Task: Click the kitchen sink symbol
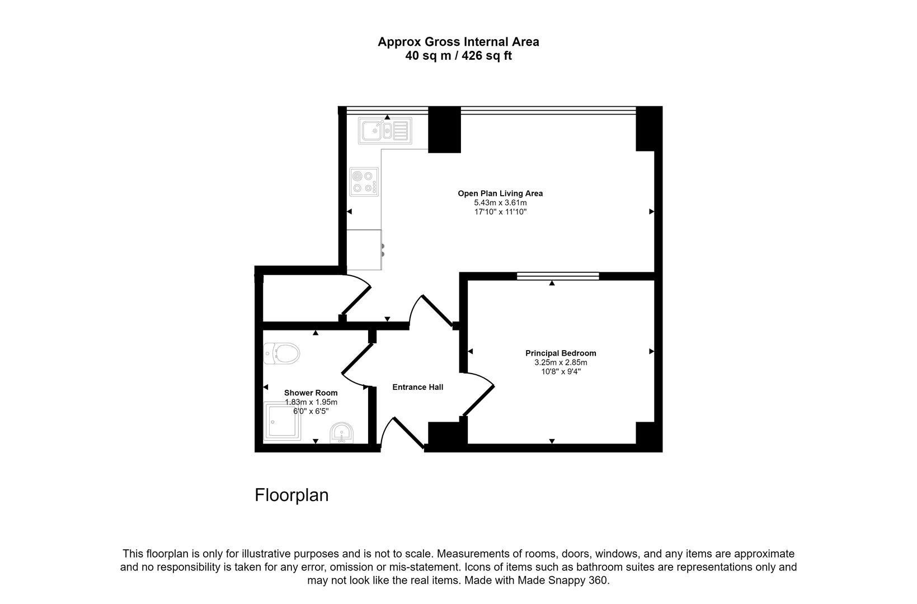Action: click(385, 131)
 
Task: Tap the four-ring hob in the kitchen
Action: click(364, 182)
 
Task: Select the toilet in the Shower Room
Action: click(281, 353)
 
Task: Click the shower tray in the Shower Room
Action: click(282, 422)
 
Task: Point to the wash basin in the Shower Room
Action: click(342, 433)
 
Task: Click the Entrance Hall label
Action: click(417, 387)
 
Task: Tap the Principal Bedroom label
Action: click(561, 353)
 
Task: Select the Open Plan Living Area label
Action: click(500, 194)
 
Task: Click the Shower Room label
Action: click(311, 393)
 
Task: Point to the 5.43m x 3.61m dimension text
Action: click(500, 202)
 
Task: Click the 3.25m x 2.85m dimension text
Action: click(561, 362)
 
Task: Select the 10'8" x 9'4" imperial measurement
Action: click(561, 372)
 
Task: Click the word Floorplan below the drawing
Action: click(291, 495)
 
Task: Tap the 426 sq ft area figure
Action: click(487, 56)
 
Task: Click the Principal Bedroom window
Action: click(558, 276)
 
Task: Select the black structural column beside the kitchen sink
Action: click(444, 130)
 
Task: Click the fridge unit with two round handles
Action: click(364, 249)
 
